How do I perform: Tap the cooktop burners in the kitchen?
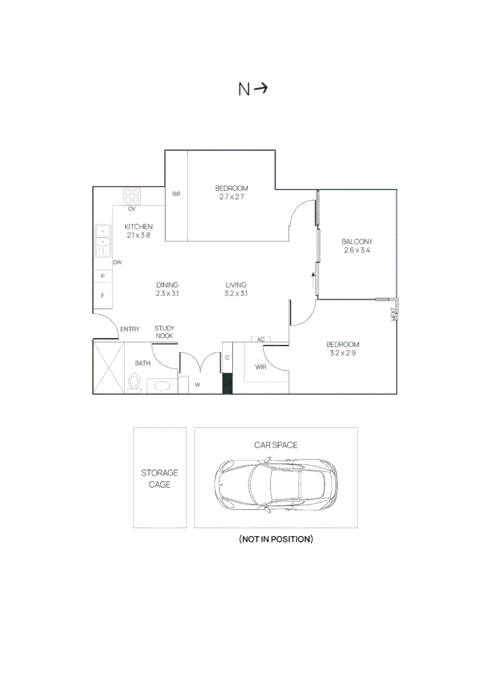tap(132, 196)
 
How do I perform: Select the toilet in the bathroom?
tap(134, 382)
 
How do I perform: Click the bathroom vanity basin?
tap(162, 386)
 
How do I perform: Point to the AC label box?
tap(261, 340)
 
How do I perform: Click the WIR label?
tap(261, 367)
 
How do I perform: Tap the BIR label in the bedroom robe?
tap(176, 194)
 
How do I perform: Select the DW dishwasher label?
tap(117, 263)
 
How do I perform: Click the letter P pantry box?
tap(103, 276)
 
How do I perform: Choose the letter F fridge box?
tap(103, 295)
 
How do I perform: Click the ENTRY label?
tap(130, 329)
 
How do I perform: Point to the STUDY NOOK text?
tap(164, 332)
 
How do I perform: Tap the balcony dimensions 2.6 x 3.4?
tap(357, 250)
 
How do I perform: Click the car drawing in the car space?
tap(275, 486)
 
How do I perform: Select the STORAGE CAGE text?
tap(160, 479)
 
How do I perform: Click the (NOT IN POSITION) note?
tap(276, 539)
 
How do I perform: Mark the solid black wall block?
tap(227, 384)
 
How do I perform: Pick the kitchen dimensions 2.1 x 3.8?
tap(139, 236)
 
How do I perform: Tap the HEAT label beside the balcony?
tap(394, 314)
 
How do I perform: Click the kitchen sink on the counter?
tap(103, 241)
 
